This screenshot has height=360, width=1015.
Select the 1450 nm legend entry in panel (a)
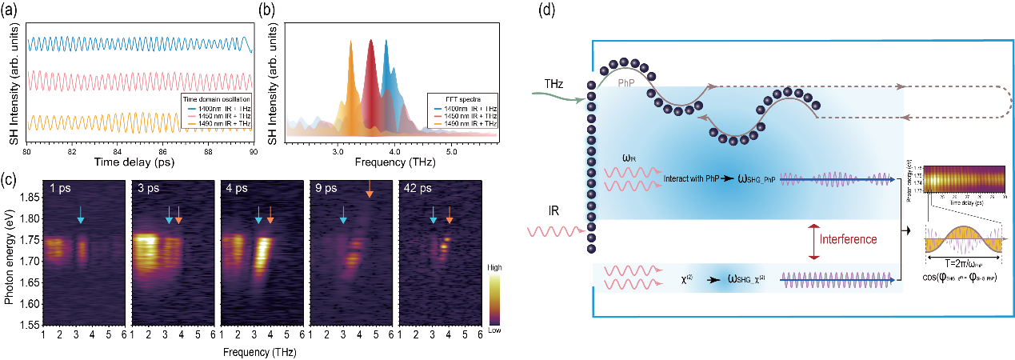point(215,110)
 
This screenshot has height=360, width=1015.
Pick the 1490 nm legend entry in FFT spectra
point(471,123)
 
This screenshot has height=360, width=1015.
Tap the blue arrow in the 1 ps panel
point(81,211)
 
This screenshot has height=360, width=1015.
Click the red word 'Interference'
point(849,239)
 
